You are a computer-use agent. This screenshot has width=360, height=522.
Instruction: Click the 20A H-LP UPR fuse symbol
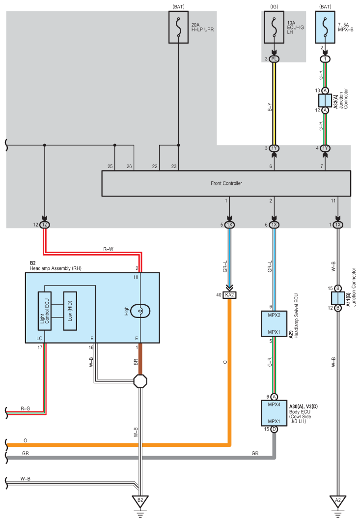tap(178, 28)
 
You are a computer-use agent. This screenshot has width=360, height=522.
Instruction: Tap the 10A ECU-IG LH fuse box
tap(274, 28)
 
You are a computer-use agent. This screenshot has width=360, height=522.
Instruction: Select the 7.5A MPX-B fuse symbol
tap(325, 28)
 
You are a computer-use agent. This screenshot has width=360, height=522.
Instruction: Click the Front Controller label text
tap(226, 183)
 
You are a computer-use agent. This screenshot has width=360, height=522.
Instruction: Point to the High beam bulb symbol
tap(140, 311)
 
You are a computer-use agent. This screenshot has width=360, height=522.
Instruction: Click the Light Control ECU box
tap(45, 311)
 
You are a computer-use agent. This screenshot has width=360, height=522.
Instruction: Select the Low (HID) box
tap(70, 311)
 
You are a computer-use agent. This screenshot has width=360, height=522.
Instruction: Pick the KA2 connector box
tap(229, 295)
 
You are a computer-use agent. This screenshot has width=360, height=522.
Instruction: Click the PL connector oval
tap(274, 59)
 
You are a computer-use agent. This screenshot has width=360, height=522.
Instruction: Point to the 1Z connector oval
tap(45, 225)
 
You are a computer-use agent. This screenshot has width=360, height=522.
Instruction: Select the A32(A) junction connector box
tap(325, 101)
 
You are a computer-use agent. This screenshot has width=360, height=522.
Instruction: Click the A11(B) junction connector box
tap(338, 298)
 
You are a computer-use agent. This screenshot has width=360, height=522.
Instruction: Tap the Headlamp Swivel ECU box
tap(274, 323)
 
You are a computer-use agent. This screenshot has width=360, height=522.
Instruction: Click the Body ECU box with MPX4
tap(274, 413)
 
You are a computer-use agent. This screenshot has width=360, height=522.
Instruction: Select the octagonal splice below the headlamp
tap(140, 381)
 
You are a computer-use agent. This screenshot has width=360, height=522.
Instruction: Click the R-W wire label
tap(108, 249)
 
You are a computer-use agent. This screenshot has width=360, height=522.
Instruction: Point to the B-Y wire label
tap(270, 107)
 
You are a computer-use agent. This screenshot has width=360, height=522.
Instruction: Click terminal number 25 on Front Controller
tap(110, 166)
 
